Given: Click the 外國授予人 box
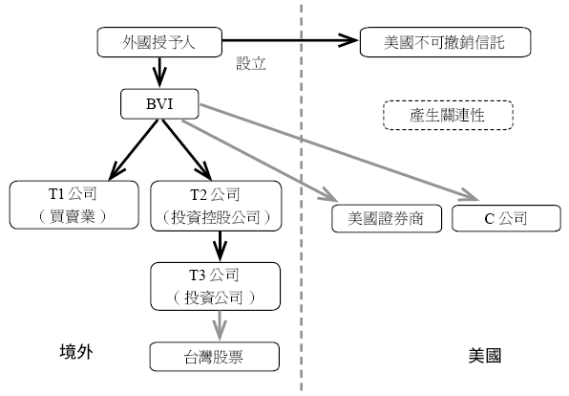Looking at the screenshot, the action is point(159,42).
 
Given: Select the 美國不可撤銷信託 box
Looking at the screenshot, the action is point(445,42).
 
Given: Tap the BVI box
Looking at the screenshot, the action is point(159,104).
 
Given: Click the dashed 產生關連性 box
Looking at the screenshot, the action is point(448,115).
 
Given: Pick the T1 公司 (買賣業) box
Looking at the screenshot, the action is point(74,205).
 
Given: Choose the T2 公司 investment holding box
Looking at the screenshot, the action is point(216,206).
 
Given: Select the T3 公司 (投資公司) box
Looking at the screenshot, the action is point(216,286).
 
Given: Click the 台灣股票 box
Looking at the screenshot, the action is point(215,357).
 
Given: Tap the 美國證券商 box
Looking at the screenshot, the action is point(387,218).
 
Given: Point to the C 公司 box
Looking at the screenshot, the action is point(506,218).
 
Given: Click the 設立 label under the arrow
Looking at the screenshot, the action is point(251,63).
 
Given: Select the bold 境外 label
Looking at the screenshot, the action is point(76,352).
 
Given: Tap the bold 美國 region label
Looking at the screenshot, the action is point(485,355).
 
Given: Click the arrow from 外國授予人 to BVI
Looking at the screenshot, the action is point(159,72).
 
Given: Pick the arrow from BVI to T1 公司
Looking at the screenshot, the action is point(134,149).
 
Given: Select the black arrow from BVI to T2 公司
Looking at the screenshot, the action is point(186,149).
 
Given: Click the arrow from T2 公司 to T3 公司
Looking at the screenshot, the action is point(220,246).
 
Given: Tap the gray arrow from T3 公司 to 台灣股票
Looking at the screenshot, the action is point(220,326).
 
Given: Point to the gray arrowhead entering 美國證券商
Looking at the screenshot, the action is point(329,196).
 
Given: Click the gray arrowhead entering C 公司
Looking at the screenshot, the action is point(471,196).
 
